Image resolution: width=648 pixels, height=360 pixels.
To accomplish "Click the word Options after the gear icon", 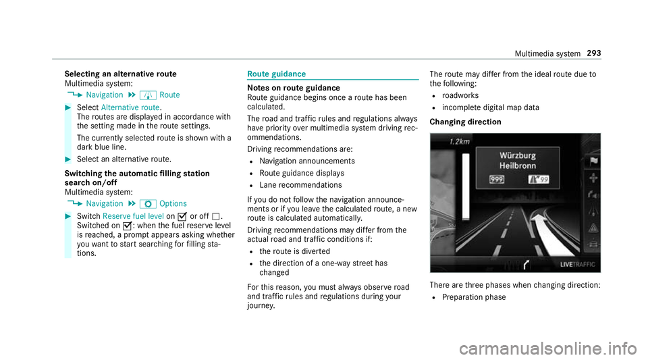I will [173, 203].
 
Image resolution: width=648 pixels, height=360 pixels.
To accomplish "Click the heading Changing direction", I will [463, 122].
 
